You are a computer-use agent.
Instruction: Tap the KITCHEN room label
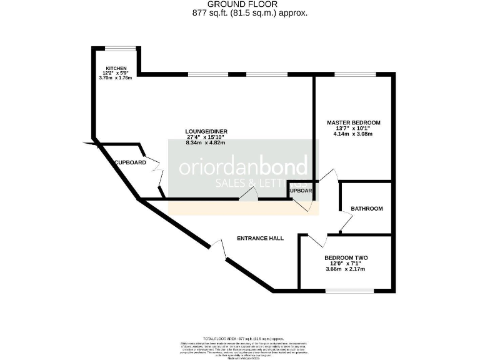(116, 68)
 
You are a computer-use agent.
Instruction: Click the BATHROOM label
(366, 209)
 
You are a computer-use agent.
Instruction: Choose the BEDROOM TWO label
(346, 257)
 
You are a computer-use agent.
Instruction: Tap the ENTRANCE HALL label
(260, 238)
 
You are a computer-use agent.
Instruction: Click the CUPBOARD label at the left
(130, 162)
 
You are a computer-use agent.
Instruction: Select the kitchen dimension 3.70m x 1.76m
(116, 78)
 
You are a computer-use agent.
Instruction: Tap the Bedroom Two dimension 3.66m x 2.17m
(346, 269)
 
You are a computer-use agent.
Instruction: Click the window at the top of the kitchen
(120, 47)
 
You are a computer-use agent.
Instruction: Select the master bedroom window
(354, 74)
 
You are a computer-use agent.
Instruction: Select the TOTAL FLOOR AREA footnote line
(239, 337)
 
